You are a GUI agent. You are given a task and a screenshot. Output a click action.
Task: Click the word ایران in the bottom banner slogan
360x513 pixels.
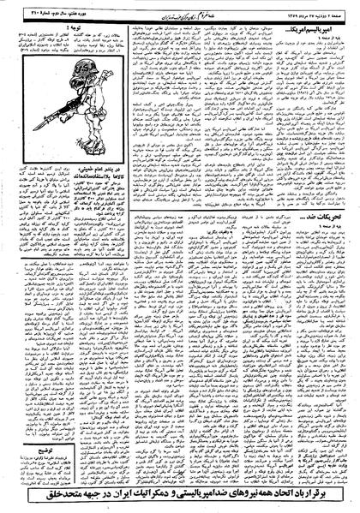point(102,496)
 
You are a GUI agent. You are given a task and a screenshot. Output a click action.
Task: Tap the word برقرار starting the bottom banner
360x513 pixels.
point(329,496)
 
